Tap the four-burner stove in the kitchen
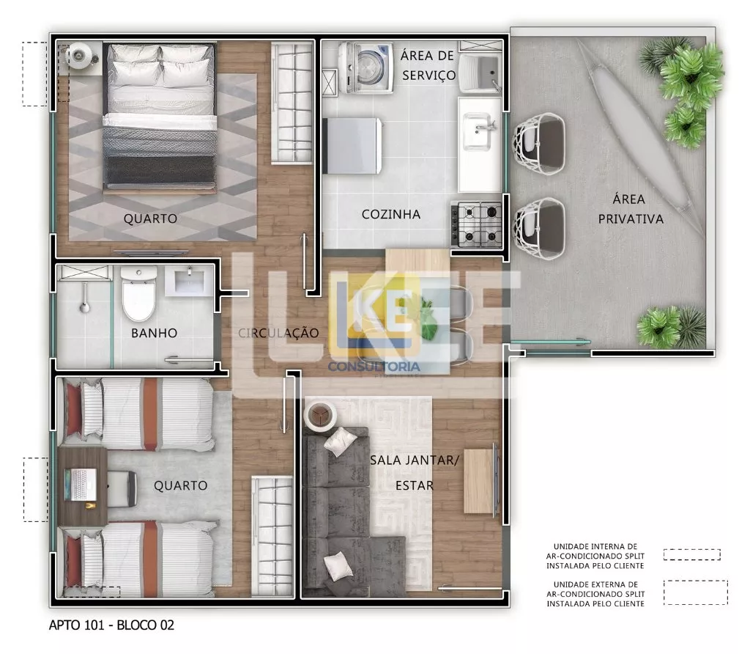tap(477, 224)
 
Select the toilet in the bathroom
tap(138, 294)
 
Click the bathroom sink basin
tap(190, 282)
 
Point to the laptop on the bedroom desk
tap(81, 485)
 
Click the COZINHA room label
tap(391, 214)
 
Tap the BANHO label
tap(154, 333)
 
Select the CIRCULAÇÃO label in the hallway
tap(278, 333)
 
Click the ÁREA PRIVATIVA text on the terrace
tap(631, 209)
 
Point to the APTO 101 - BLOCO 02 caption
tap(111, 625)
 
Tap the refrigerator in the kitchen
tap(353, 146)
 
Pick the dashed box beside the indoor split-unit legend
tap(691, 554)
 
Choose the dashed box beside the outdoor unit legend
tap(696, 592)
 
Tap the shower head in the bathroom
tap(85, 298)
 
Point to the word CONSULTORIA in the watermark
tap(374, 367)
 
